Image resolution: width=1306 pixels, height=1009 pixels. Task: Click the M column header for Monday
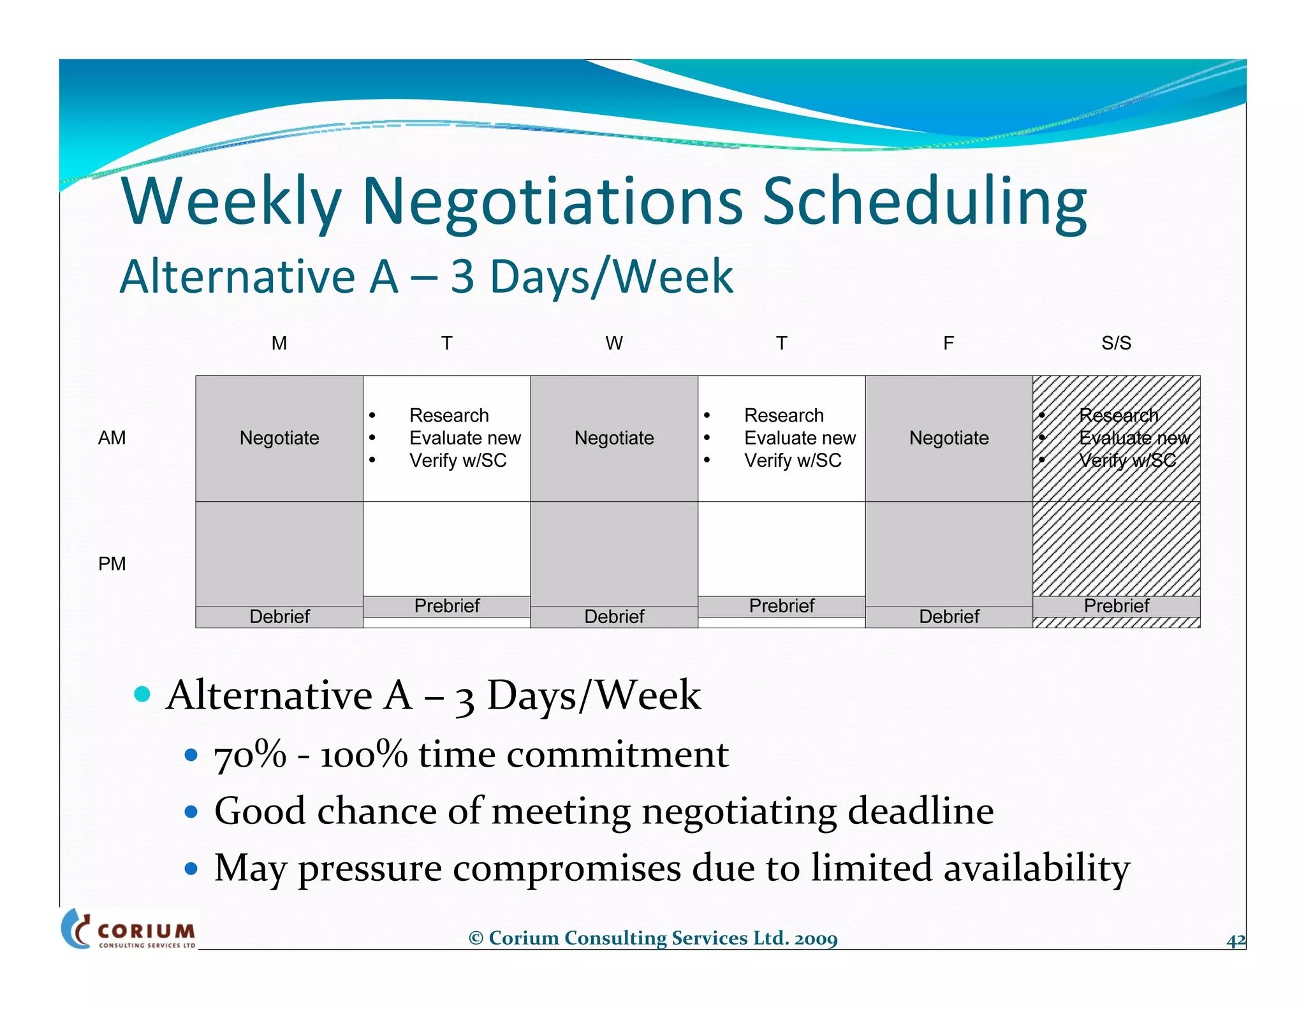[279, 343]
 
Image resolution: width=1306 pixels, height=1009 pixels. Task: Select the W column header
[614, 343]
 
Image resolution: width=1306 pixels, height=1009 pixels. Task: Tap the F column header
[949, 343]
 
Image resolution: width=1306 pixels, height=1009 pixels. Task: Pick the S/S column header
[1116, 343]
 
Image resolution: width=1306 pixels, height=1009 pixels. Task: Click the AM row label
[112, 438]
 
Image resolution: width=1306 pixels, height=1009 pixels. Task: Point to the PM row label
[112, 564]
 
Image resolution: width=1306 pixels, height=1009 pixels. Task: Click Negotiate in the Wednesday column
[614, 438]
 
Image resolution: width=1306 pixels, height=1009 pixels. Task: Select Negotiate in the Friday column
[949, 438]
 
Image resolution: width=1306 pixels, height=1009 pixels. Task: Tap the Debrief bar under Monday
[279, 617]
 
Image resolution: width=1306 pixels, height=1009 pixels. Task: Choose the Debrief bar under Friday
[949, 617]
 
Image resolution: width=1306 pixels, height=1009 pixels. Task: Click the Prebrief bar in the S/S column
[1116, 606]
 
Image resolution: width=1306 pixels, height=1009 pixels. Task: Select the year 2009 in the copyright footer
[816, 938]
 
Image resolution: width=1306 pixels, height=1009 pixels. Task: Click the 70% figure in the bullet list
[250, 755]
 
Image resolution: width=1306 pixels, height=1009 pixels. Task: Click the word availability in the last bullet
[1036, 869]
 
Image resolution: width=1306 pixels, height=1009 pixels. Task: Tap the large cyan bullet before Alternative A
[143, 694]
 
